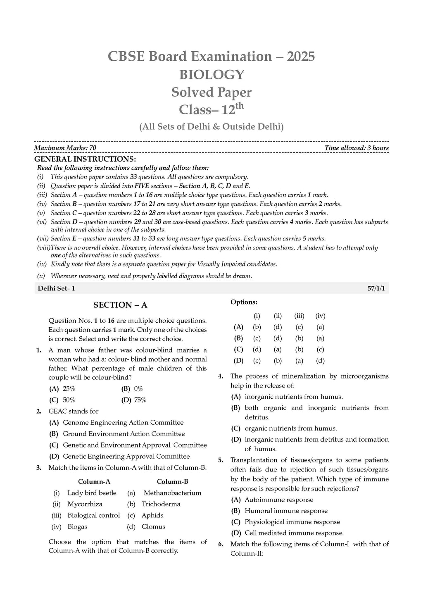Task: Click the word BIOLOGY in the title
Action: tap(211, 74)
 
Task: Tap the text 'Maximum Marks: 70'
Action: tap(65, 148)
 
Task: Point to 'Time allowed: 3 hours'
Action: tap(356, 148)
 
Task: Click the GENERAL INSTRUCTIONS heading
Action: tap(85, 159)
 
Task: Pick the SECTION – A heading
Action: tap(120, 305)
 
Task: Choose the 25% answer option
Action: tap(69, 389)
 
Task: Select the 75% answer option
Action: tap(140, 400)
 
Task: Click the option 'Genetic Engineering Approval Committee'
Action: tap(126, 457)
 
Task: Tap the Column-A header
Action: tap(94, 482)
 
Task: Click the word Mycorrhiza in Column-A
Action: tap(85, 504)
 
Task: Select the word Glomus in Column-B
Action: tap(153, 527)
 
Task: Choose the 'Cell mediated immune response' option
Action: tap(293, 533)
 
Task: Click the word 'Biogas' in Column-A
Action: tap(77, 527)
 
